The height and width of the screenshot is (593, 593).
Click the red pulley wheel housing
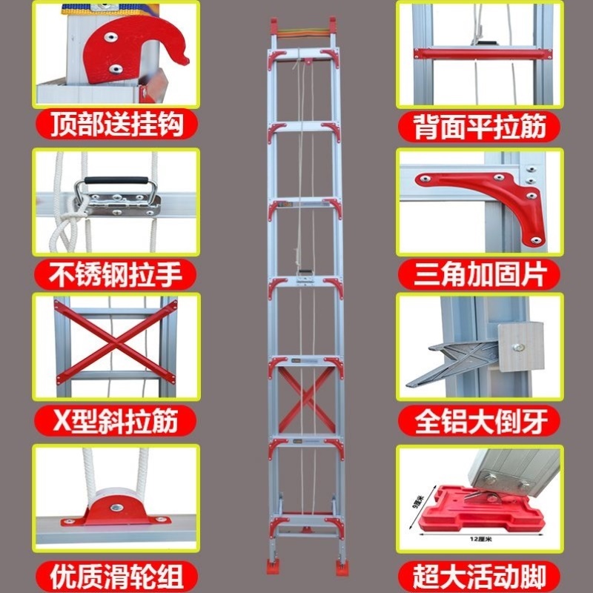click(x=116, y=511)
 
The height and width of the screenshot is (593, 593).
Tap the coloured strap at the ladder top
click(x=303, y=33)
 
